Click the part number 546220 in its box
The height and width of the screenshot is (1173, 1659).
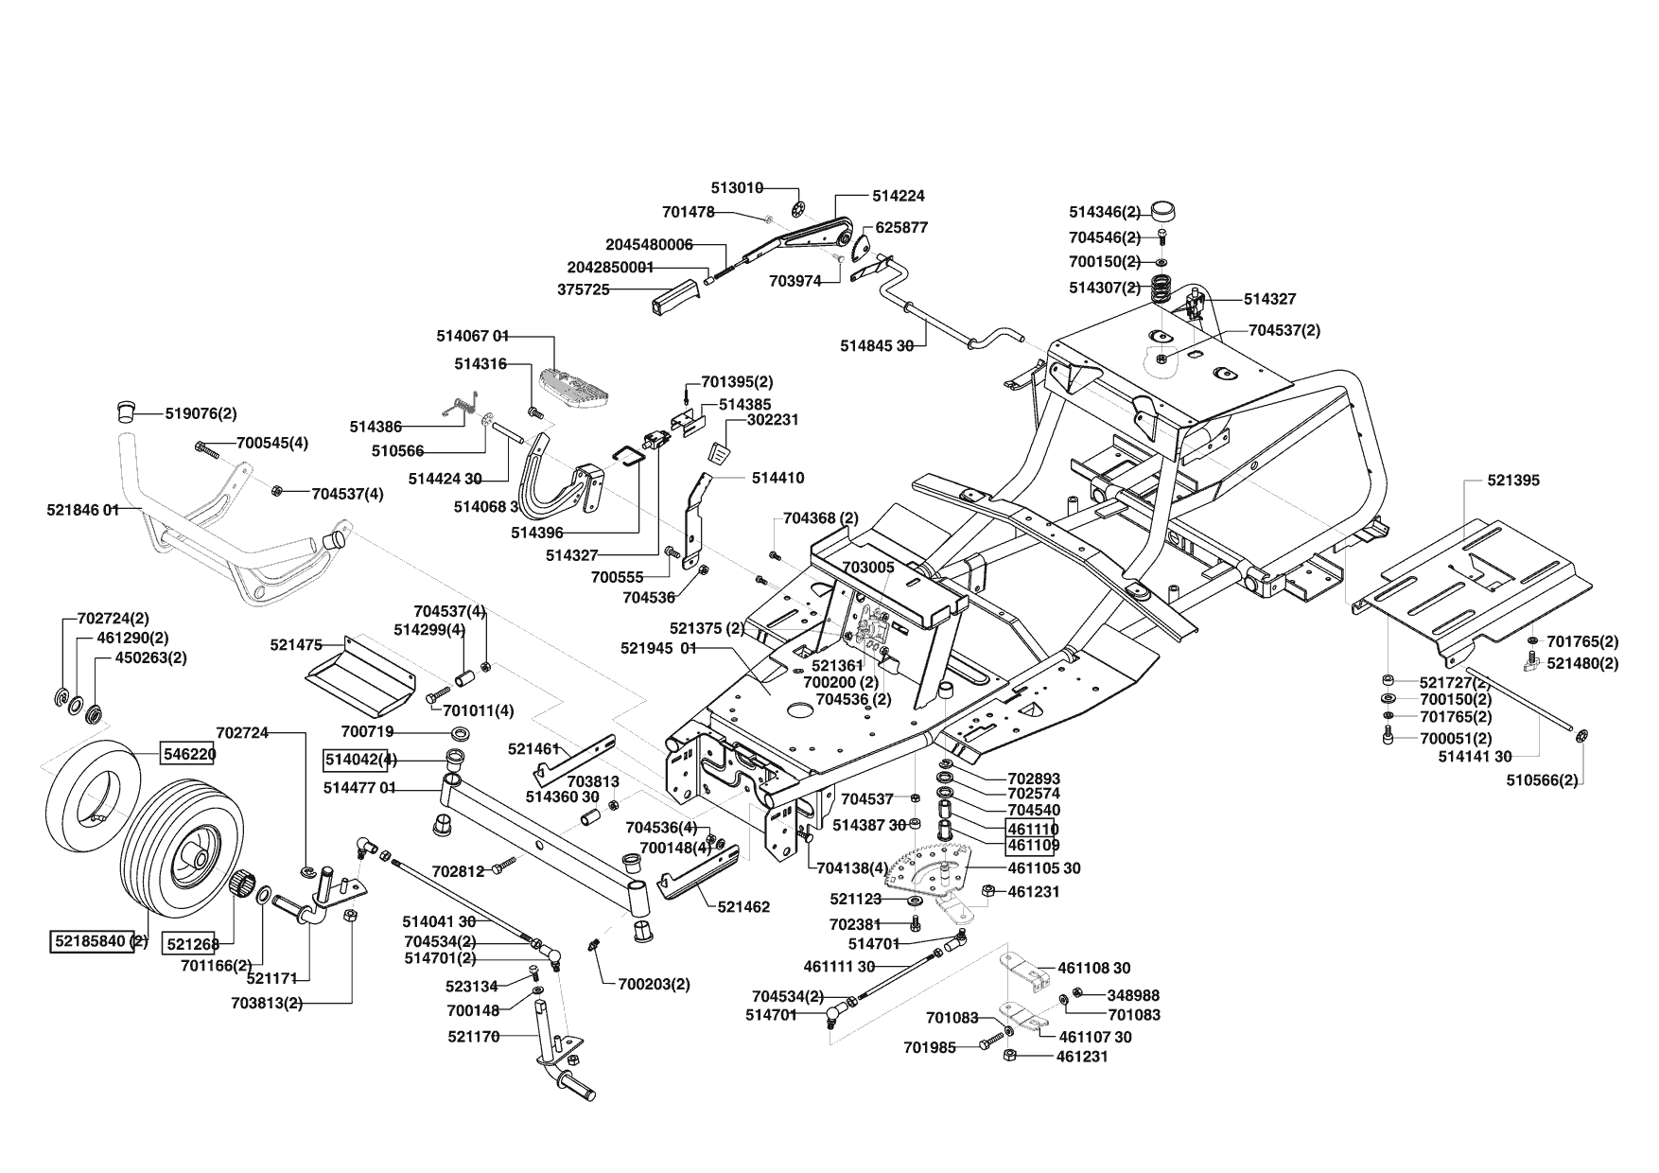187,754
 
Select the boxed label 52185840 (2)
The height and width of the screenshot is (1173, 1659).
99,941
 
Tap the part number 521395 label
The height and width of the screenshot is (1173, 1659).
1513,481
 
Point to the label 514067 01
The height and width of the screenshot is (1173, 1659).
473,336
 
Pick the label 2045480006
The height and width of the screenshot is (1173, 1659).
649,244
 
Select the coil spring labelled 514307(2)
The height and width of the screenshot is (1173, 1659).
1160,287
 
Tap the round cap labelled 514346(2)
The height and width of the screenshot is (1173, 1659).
1161,212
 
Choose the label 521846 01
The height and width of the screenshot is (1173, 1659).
83,510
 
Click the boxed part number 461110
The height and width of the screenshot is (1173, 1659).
1034,829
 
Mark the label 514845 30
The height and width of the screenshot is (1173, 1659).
877,346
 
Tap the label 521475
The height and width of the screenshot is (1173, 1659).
296,645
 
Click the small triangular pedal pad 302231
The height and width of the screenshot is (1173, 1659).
722,452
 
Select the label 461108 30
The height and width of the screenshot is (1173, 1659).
1093,968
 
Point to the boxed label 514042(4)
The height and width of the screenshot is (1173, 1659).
361,760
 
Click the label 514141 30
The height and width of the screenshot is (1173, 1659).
1475,756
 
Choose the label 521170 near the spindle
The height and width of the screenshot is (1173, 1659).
474,1037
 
